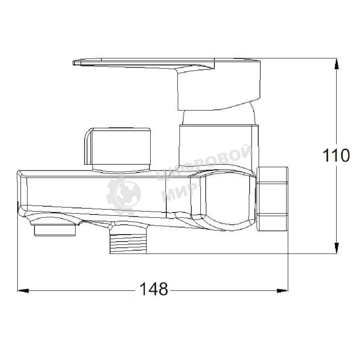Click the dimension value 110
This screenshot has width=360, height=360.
point(336,155)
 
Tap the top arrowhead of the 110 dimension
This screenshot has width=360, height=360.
point(336,64)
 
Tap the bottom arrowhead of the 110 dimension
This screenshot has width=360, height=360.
point(336,248)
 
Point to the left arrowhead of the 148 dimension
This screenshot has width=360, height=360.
point(23,291)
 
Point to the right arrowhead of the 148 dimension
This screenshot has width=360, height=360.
point(282,291)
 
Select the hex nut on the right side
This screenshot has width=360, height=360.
point(272,199)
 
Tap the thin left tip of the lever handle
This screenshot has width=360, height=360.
point(74,63)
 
